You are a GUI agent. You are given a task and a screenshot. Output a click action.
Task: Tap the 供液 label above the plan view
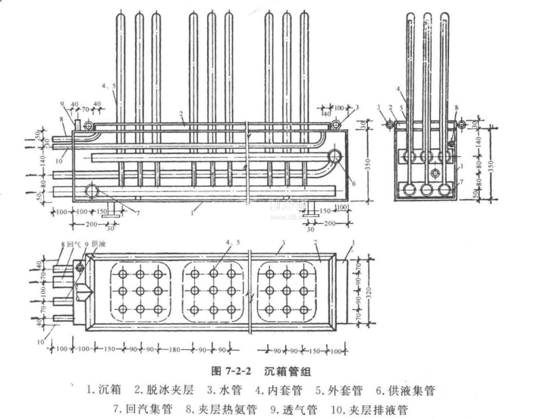tap(98, 245)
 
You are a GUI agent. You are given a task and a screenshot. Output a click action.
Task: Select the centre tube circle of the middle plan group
tap(213, 289)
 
